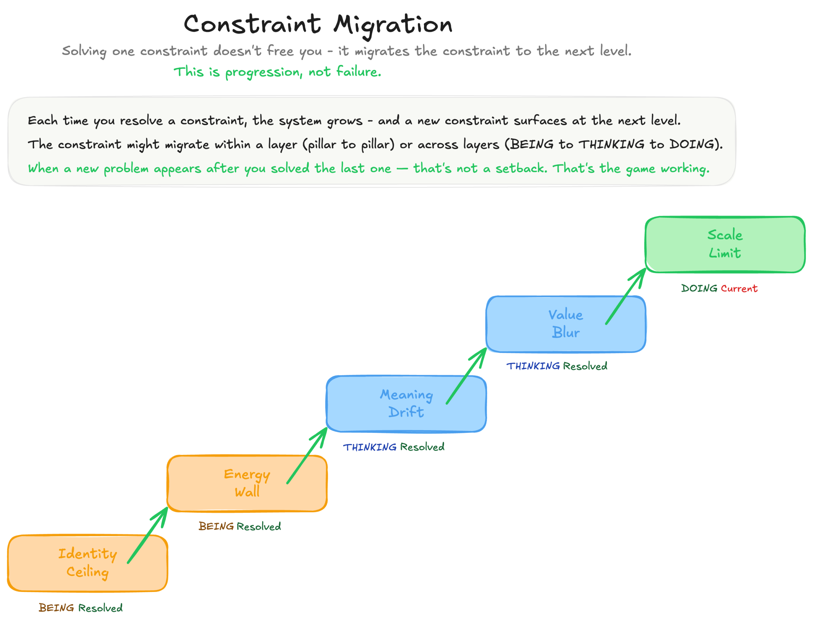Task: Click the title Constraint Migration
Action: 318,24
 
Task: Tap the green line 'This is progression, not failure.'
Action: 278,72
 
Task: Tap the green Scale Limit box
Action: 725,244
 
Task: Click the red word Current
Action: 739,288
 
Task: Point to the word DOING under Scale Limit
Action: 699,288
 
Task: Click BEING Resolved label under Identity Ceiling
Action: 81,608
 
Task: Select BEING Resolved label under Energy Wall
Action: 240,527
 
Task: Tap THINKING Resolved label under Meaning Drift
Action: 393,447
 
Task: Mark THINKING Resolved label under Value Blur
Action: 557,366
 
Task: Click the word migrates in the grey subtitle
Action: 382,51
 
